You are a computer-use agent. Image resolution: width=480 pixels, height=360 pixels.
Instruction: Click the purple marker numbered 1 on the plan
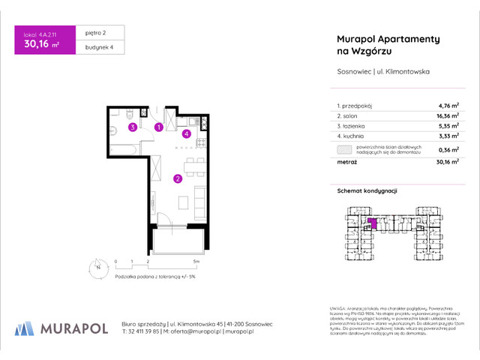(159, 127)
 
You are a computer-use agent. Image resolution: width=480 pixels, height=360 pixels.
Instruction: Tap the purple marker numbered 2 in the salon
(177, 178)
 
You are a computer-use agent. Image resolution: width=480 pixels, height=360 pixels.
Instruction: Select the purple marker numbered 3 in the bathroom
(132, 127)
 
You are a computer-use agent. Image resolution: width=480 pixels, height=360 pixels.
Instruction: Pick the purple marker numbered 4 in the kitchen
(186, 134)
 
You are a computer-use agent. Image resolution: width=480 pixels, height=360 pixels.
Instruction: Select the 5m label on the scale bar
(196, 262)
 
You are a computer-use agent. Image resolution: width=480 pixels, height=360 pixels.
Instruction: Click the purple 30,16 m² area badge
(43, 42)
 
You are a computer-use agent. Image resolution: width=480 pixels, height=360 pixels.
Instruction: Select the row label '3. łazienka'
(348, 127)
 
